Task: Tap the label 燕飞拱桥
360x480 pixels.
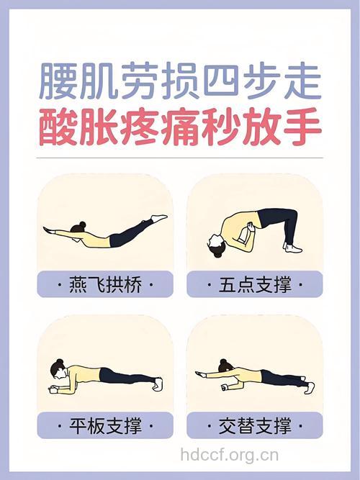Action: coord(105,285)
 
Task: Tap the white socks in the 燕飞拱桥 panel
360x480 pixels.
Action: coord(159,217)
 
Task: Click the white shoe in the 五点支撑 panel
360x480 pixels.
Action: coord(292,248)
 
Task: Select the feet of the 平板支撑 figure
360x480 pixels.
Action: coord(158,384)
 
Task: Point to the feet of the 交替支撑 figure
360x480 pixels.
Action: coord(309,387)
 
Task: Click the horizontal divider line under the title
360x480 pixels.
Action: coord(179,158)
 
